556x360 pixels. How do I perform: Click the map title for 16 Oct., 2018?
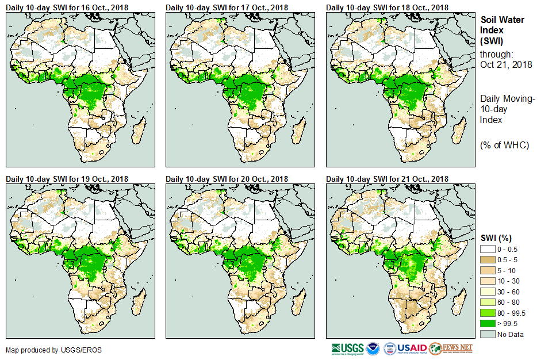pyautogui.click(x=67, y=7)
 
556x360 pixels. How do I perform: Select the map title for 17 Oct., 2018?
pyautogui.click(x=227, y=7)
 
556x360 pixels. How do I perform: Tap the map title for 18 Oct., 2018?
pyautogui.click(x=387, y=7)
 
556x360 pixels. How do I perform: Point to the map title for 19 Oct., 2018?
pyautogui.click(x=67, y=179)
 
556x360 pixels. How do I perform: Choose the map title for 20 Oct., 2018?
pyautogui.click(x=227, y=179)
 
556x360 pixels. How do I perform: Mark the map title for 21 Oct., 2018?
pyautogui.click(x=387, y=179)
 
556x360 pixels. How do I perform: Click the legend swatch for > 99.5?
pyautogui.click(x=488, y=324)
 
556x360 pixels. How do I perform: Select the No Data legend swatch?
pyautogui.click(x=488, y=334)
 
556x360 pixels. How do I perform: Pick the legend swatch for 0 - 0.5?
pyautogui.click(x=488, y=249)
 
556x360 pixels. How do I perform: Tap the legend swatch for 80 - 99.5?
pyautogui.click(x=488, y=313)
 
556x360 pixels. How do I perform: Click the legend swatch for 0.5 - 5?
pyautogui.click(x=488, y=260)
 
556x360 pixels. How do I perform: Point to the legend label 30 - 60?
pyautogui.click(x=508, y=292)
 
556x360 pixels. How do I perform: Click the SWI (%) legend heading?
pyautogui.click(x=496, y=238)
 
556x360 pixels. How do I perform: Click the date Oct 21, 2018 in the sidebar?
pyautogui.click(x=506, y=64)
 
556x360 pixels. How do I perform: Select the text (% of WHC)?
pyautogui.click(x=504, y=145)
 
